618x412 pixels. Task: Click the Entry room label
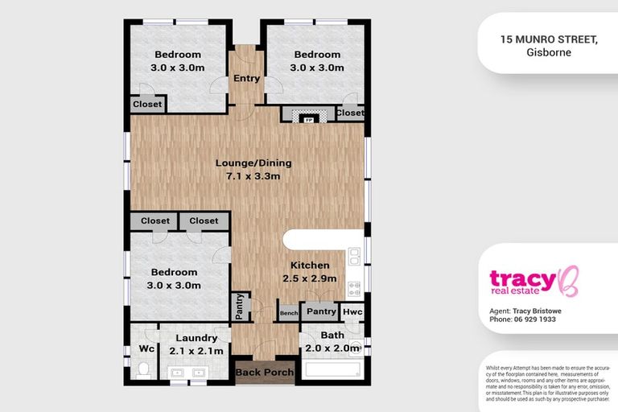(x=247, y=79)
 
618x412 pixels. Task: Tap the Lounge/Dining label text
(x=253, y=163)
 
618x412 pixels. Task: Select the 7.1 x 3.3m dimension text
(x=253, y=176)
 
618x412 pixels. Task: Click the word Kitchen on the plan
(x=309, y=266)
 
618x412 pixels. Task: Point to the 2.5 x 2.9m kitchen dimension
(x=309, y=278)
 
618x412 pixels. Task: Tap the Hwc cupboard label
(x=352, y=311)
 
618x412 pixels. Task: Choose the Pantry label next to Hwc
(x=321, y=311)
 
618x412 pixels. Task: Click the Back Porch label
(x=265, y=373)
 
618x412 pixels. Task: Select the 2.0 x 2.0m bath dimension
(x=332, y=348)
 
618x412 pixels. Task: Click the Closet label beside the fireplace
(x=350, y=113)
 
